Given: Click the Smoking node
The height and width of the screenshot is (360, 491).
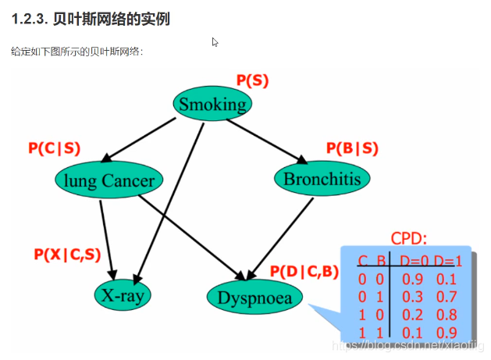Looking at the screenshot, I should click(x=212, y=104).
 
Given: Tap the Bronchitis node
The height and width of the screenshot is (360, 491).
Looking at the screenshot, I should click(x=322, y=180).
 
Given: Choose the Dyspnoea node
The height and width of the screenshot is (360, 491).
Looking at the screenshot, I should click(x=254, y=298).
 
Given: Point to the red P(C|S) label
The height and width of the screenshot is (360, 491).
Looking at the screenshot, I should click(x=54, y=148).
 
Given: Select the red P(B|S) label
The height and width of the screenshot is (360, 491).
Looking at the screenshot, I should click(x=351, y=148).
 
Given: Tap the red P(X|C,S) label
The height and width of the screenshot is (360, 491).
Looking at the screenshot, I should click(x=68, y=254).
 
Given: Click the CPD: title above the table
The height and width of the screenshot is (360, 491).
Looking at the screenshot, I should click(x=408, y=239).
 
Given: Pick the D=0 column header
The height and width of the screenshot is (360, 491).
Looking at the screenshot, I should click(x=416, y=261).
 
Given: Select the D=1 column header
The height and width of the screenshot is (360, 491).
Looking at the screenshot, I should click(x=451, y=261).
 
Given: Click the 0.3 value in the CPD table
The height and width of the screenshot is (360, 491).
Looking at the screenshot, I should click(x=413, y=296).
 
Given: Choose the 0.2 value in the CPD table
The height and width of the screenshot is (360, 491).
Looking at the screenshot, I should click(x=413, y=314).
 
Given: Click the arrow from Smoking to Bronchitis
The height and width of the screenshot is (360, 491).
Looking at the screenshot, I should click(x=265, y=141).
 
